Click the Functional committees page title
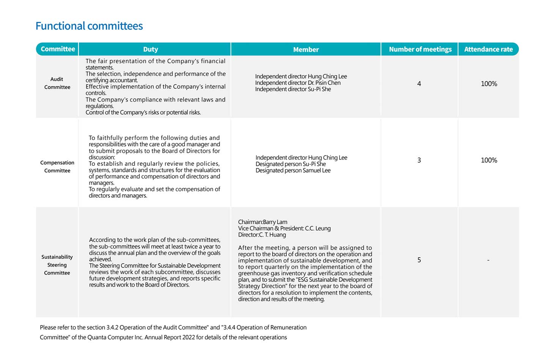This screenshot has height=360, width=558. (89, 26)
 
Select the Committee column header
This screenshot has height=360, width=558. (58, 49)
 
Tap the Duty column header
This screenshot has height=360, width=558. (151, 49)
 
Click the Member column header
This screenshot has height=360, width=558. (306, 49)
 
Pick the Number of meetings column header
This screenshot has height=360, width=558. (420, 49)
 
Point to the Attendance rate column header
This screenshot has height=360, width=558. (488, 49)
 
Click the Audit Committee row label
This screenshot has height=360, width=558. (57, 83)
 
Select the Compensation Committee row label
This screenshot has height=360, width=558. (57, 167)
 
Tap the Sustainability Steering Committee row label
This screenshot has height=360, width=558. (57, 265)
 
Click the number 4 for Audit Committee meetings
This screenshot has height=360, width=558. (419, 83)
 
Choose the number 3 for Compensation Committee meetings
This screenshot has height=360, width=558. (419, 160)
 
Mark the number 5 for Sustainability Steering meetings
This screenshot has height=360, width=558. (419, 260)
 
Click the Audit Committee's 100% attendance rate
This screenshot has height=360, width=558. (489, 83)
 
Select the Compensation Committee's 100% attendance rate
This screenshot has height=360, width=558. (489, 160)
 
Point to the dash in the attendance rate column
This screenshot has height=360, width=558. (488, 260)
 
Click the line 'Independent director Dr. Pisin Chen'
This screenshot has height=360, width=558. (298, 83)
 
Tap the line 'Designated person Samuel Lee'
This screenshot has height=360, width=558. (293, 170)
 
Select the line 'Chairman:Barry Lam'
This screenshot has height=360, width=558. (262, 222)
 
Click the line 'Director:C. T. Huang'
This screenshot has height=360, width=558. (262, 234)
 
